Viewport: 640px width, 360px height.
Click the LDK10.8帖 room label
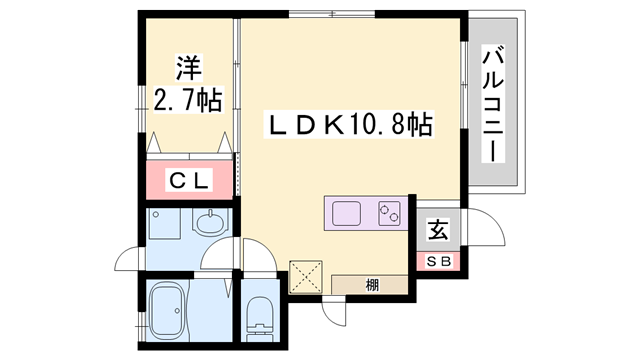pyautogui.click(x=348, y=125)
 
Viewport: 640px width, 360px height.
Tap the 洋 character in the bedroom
pyautogui.click(x=189, y=68)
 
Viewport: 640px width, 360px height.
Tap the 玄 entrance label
pyautogui.click(x=438, y=230)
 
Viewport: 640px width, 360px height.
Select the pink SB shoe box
pyautogui.click(x=439, y=262)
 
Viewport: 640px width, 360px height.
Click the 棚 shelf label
pyautogui.click(x=372, y=285)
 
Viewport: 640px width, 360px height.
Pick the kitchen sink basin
pyautogui.click(x=347, y=213)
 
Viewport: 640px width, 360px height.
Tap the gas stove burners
pyautogui.click(x=389, y=212)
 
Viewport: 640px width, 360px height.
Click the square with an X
pyautogui.click(x=303, y=275)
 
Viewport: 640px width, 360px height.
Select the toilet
pyautogui.click(x=257, y=315)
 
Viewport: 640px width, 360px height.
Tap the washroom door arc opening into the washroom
pyautogui.click(x=218, y=257)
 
